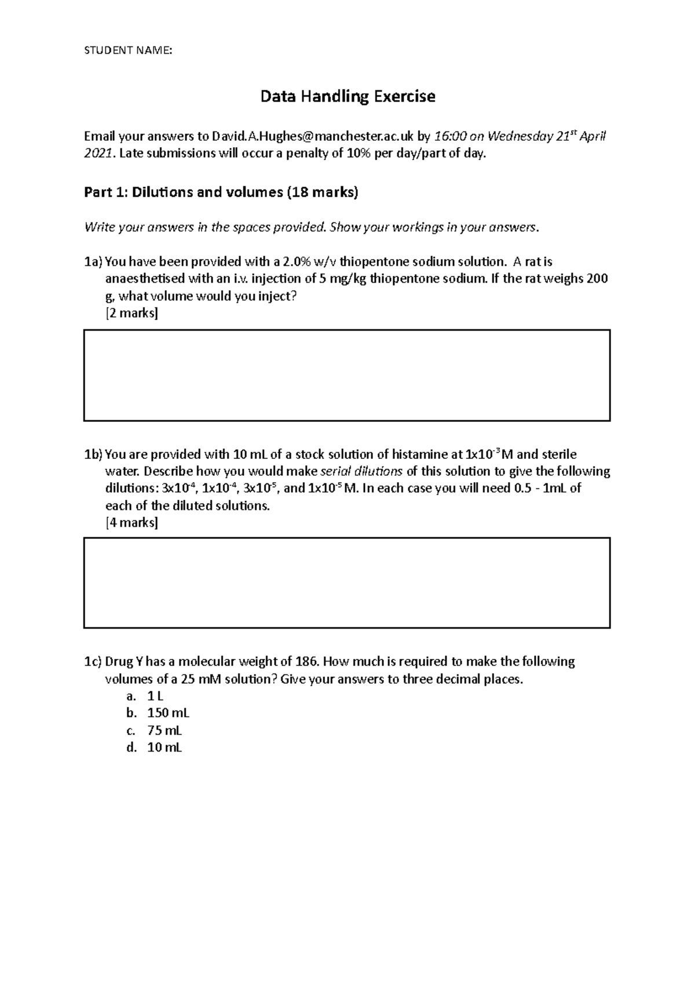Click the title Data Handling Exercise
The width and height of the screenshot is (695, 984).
348,96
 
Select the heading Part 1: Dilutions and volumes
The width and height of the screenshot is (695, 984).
221,192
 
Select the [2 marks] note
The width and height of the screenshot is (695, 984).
131,314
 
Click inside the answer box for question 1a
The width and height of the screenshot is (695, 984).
346,375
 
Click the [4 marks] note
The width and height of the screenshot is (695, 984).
131,523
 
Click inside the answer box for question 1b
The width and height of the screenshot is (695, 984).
346,582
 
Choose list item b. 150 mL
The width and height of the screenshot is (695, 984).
168,713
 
